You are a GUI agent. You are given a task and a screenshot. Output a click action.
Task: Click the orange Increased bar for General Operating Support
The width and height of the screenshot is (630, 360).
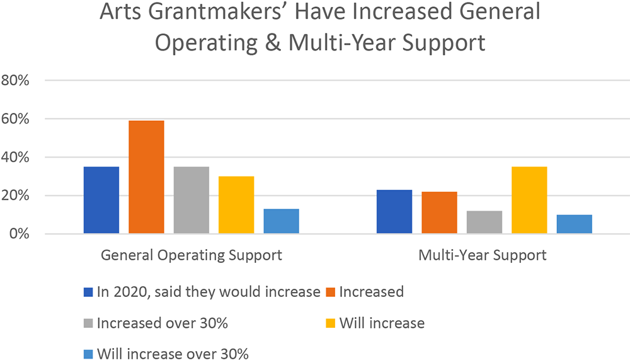coord(146,177)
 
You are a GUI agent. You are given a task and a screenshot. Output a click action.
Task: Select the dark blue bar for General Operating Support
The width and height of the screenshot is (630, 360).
coord(101,200)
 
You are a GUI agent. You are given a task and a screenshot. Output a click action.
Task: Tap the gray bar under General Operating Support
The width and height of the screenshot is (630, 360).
coord(192,200)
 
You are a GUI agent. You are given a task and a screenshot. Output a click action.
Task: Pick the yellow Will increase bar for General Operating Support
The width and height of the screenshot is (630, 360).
coord(236,205)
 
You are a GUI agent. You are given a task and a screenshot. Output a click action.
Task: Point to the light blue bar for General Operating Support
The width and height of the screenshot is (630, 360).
coord(281,221)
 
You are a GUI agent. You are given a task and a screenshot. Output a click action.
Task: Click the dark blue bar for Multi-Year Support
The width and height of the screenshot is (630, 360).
coord(394,212)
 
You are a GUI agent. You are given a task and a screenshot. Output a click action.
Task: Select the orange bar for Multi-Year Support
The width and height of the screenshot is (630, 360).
coord(439,212)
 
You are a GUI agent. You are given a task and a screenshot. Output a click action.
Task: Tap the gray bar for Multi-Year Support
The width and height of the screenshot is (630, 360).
coord(484,222)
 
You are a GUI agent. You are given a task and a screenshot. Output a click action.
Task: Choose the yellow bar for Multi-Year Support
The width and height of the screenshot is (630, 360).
coord(529,200)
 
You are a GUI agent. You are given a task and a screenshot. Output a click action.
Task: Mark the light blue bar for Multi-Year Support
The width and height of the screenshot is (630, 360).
coord(574,224)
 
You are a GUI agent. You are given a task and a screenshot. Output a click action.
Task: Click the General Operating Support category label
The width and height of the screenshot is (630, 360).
coord(192,256)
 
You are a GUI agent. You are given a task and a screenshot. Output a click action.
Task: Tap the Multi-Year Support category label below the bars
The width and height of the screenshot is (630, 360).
coord(484,256)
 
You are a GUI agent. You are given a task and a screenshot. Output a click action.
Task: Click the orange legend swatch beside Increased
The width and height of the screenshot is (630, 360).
coord(330,292)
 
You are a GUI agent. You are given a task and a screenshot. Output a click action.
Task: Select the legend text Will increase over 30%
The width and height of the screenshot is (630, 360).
coord(173,354)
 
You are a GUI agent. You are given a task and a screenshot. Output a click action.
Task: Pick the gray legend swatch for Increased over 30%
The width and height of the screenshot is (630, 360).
coord(89,323)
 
